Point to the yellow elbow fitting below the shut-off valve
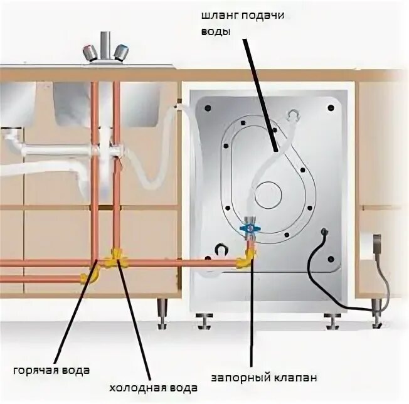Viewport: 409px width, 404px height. tap(247, 257)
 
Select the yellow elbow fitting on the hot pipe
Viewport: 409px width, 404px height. tap(92, 275)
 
